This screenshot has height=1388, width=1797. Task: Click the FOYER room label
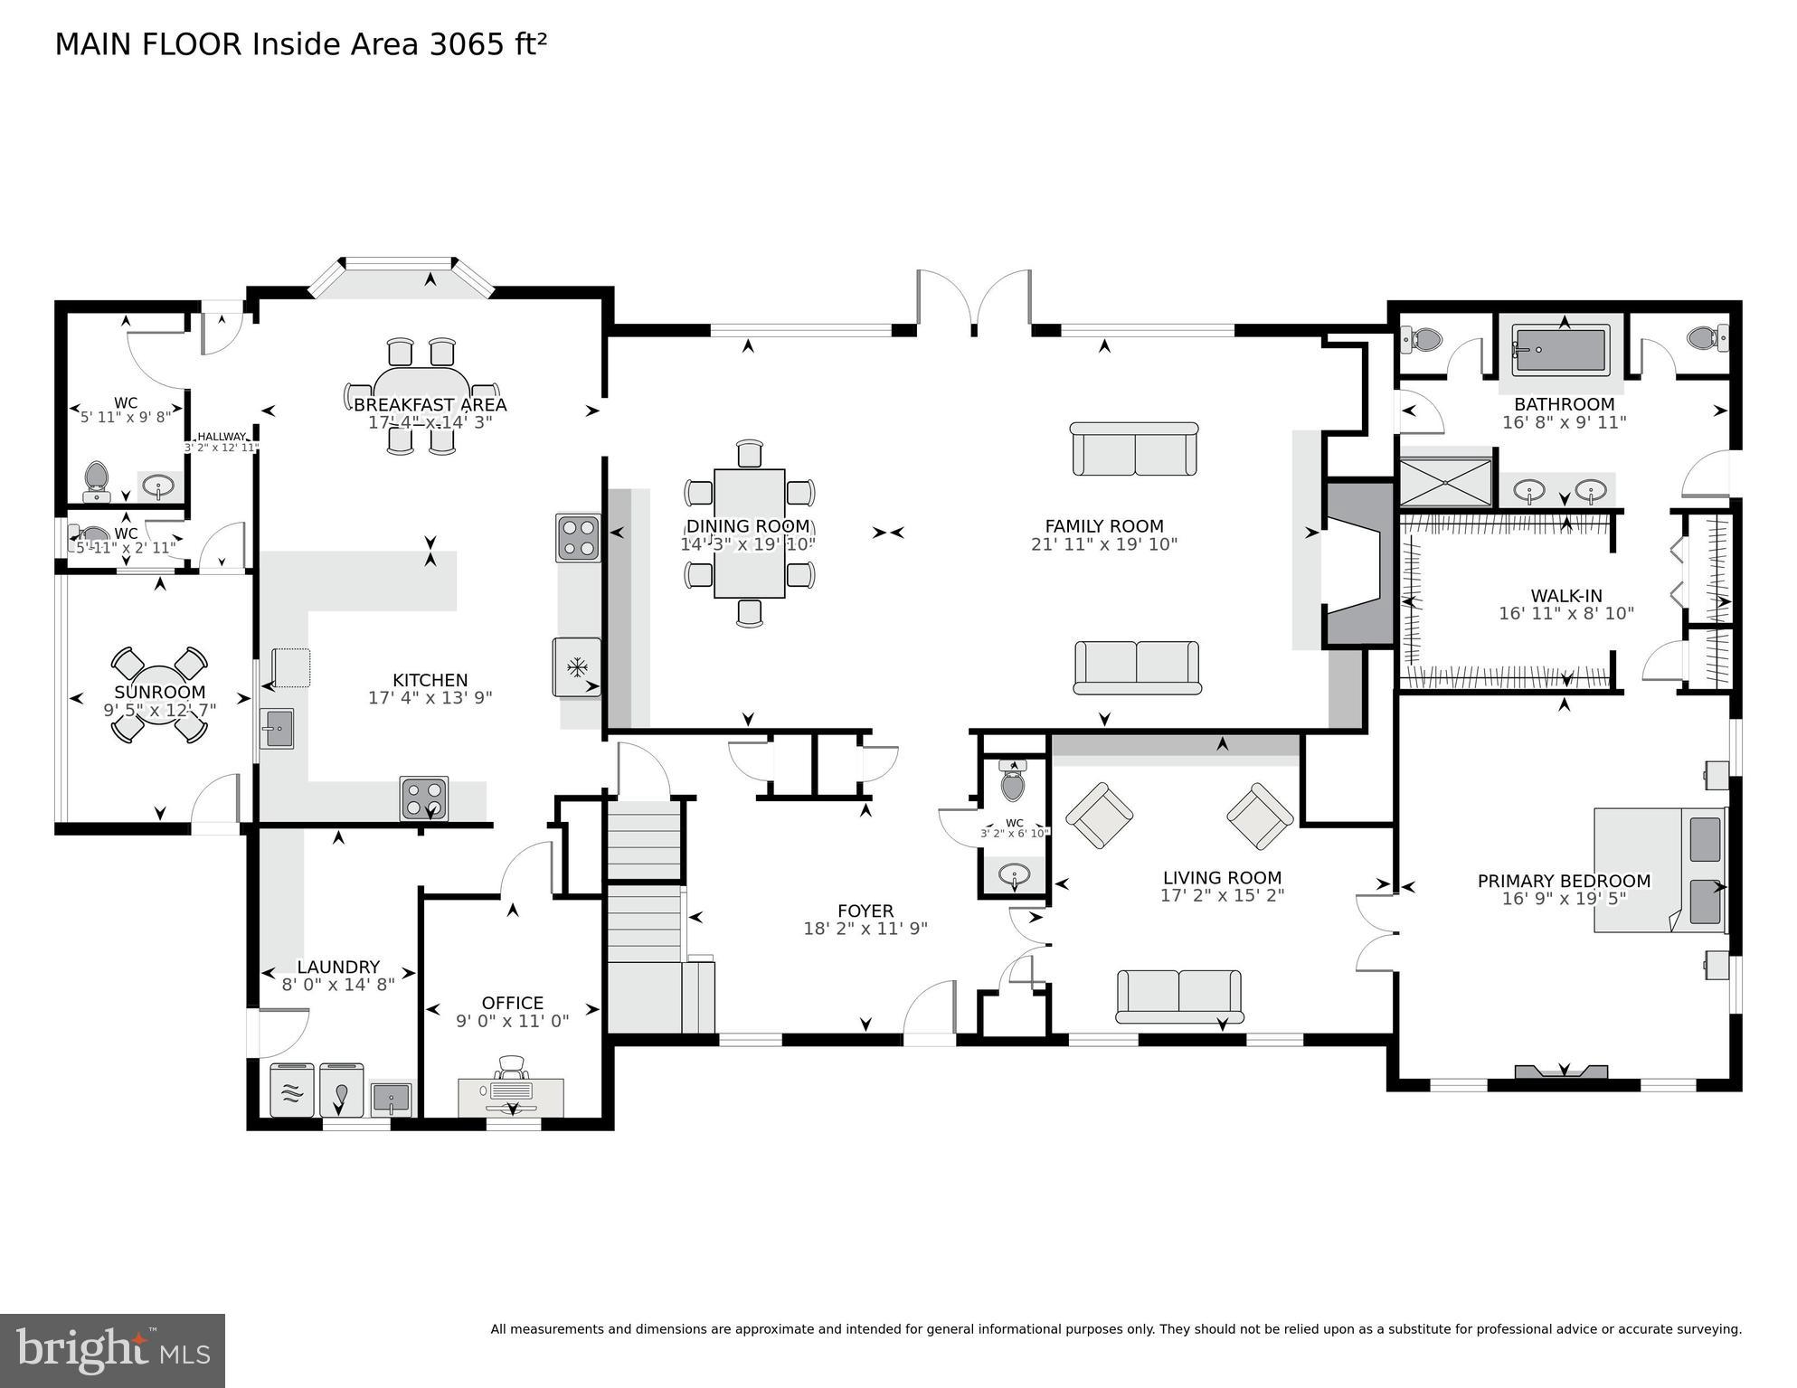click(x=865, y=911)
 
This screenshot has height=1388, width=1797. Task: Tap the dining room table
click(x=749, y=533)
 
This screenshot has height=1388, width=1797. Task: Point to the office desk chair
click(x=512, y=1068)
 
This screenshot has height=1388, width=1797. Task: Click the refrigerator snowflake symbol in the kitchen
click(x=576, y=668)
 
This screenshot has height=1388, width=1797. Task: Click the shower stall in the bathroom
click(x=1444, y=483)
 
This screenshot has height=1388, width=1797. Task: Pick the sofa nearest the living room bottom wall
click(x=1178, y=996)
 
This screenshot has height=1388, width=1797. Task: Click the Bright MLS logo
click(x=112, y=1350)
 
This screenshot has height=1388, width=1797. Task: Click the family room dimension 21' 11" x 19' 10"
click(x=1103, y=544)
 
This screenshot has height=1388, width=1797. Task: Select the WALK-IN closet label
click(x=1565, y=596)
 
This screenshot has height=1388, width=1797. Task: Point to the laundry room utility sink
click(x=391, y=1099)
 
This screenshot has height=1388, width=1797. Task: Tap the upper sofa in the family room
click(x=1134, y=449)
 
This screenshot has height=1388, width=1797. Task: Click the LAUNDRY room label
click(x=338, y=967)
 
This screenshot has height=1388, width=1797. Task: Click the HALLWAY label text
click(x=222, y=437)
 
